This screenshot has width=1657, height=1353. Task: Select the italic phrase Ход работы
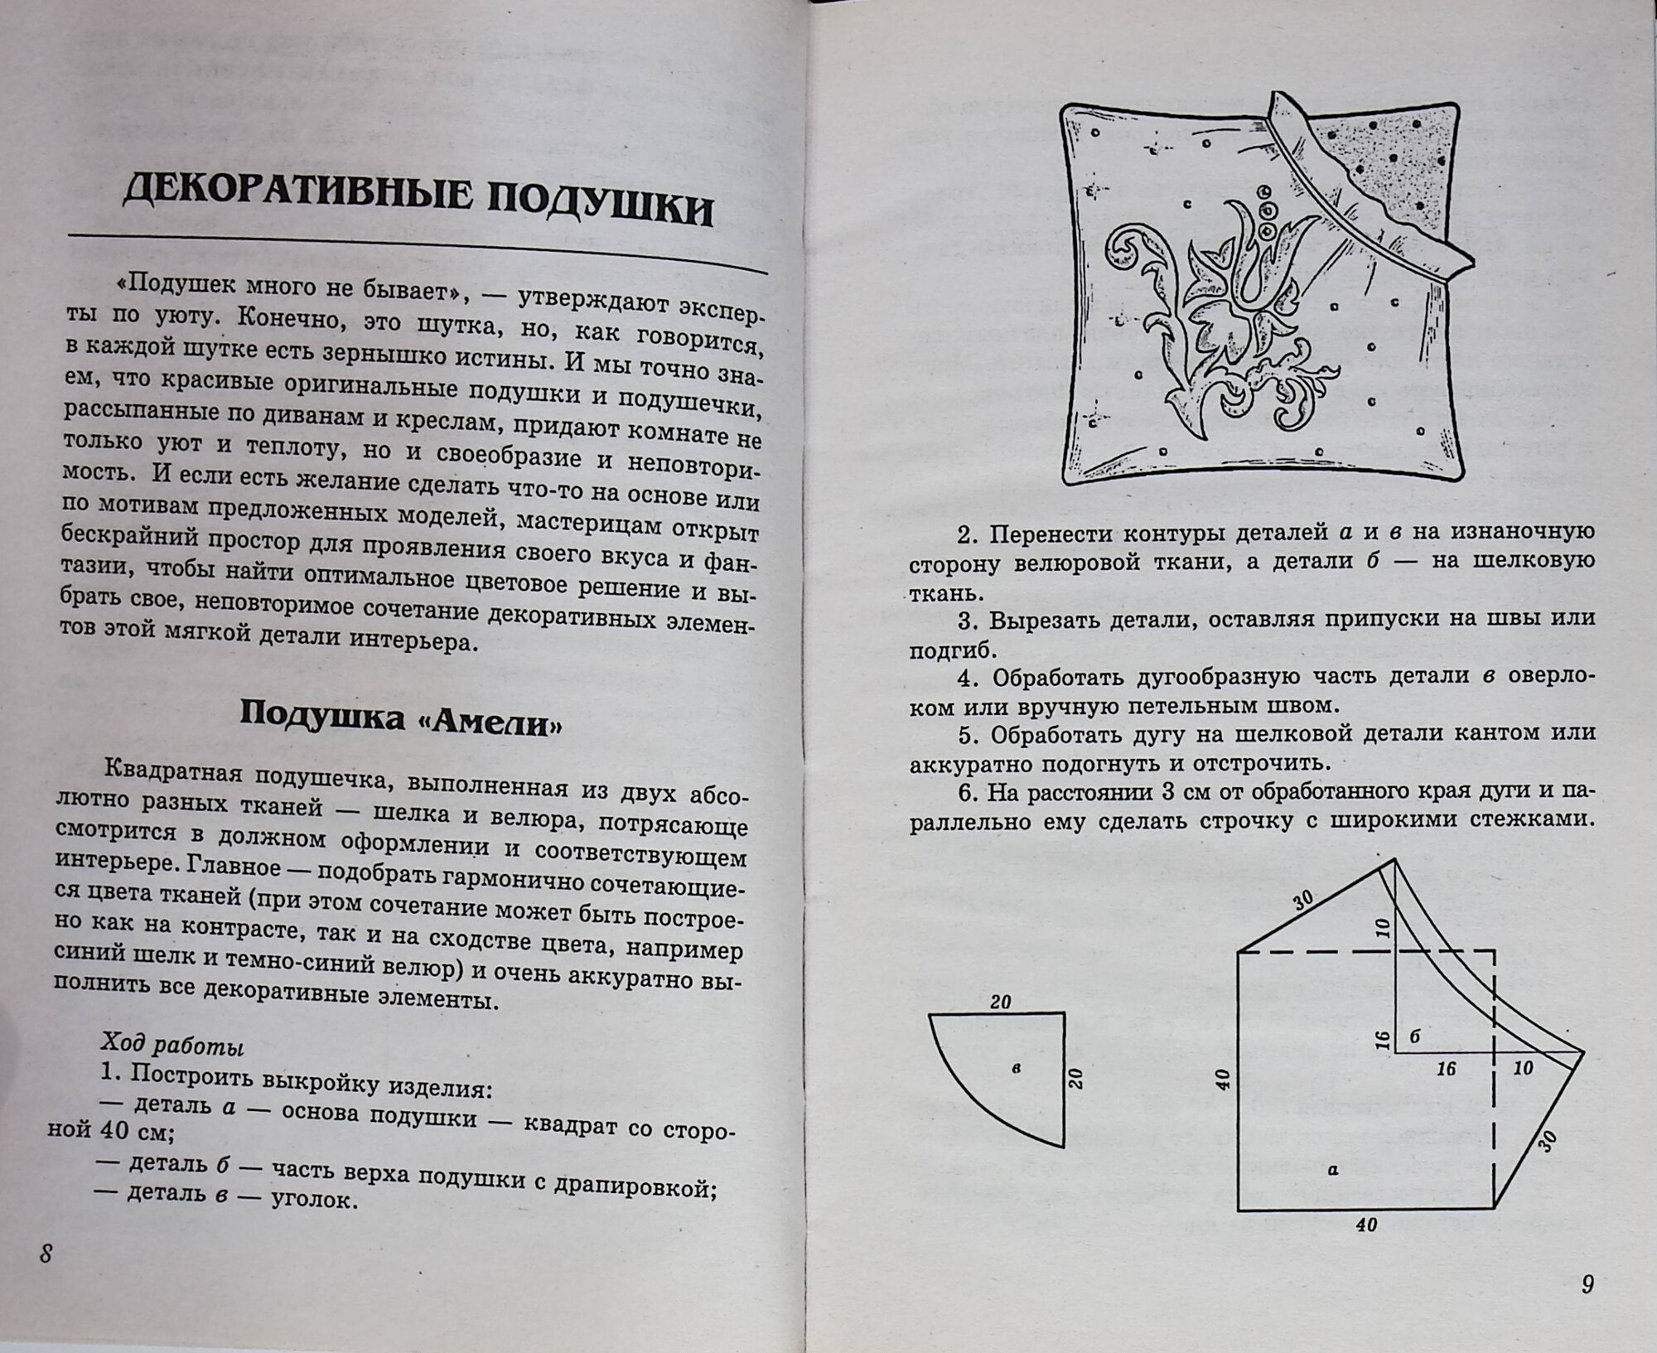click(x=172, y=1045)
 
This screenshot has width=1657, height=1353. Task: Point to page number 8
click(x=46, y=1254)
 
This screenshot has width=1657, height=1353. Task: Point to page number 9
click(x=1587, y=1284)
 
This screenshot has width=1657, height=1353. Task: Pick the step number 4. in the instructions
click(x=969, y=677)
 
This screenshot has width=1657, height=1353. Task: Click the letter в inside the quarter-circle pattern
click(x=1017, y=1069)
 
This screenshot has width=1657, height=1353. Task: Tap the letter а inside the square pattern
click(x=1332, y=1170)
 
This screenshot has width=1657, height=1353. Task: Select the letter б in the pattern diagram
click(x=1415, y=1036)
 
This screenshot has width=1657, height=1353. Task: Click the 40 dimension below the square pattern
click(x=1366, y=1225)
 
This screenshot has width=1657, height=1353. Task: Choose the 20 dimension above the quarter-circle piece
click(x=1001, y=1002)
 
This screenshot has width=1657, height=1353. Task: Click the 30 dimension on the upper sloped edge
click(x=1303, y=900)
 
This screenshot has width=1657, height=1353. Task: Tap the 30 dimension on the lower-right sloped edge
click(x=1546, y=1141)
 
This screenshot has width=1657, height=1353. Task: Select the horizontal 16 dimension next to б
click(x=1446, y=1069)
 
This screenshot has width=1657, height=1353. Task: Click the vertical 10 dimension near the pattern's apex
click(x=1382, y=928)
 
